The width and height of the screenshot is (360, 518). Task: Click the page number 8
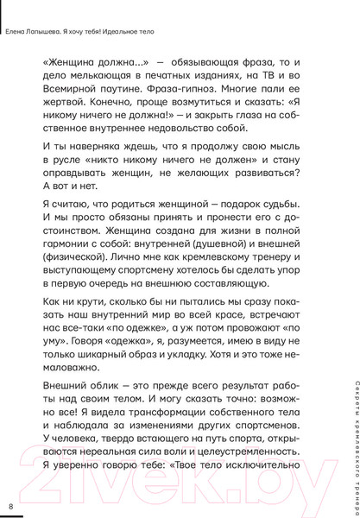pyautogui.click(x=11, y=505)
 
